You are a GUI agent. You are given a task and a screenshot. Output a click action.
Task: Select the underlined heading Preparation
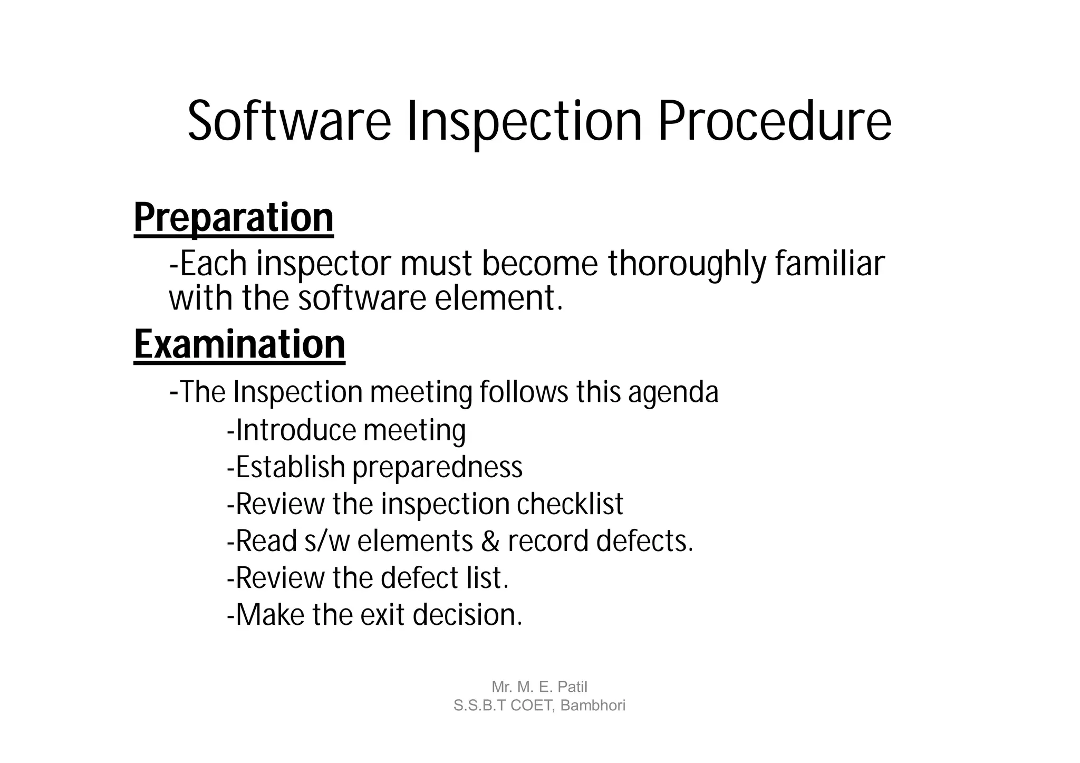(234, 218)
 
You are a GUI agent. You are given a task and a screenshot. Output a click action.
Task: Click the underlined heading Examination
(239, 344)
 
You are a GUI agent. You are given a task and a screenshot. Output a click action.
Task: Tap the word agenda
(673, 392)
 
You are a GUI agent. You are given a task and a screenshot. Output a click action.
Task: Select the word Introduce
(296, 430)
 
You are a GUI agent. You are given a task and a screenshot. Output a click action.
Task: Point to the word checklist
(570, 504)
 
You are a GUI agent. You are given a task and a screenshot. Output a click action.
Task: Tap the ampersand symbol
(490, 542)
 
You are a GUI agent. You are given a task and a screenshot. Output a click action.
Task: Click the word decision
(467, 615)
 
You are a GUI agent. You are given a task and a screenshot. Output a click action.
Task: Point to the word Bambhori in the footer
(593, 706)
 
